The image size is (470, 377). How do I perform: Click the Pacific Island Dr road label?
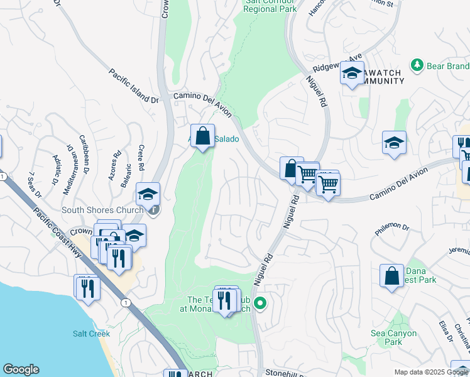[133, 86]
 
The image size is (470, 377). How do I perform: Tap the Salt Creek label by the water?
[91, 334]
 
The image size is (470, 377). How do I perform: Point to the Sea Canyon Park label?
[394, 338]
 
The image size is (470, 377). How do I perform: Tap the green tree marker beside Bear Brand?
[417, 65]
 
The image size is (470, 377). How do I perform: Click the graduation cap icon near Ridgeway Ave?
[352, 74]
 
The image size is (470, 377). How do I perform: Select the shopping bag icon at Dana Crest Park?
[391, 276]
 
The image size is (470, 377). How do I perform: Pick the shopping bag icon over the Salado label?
[202, 136]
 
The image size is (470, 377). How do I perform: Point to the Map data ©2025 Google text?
[432, 373]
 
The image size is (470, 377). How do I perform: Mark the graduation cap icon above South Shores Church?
[148, 194]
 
